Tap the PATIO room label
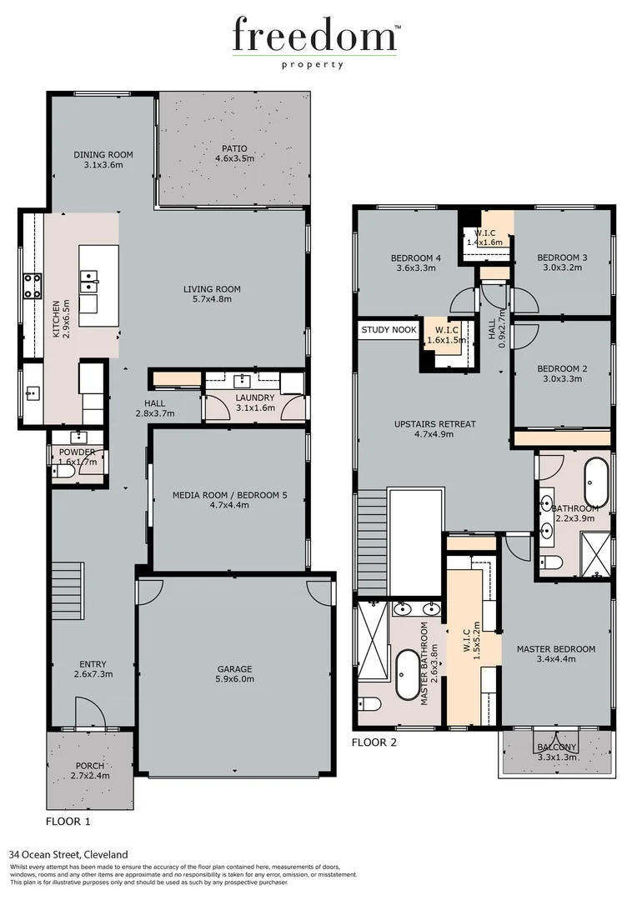(233, 149)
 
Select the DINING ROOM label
(103, 154)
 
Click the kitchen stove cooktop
(33, 286)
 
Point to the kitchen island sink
(88, 282)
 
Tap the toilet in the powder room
(63, 472)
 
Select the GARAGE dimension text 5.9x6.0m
(236, 679)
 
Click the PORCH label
(90, 766)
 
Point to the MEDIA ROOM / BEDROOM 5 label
(229, 495)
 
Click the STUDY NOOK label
(389, 330)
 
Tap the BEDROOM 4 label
(415, 258)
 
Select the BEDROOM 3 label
(561, 258)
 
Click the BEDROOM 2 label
(561, 368)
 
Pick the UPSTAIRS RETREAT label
(434, 424)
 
